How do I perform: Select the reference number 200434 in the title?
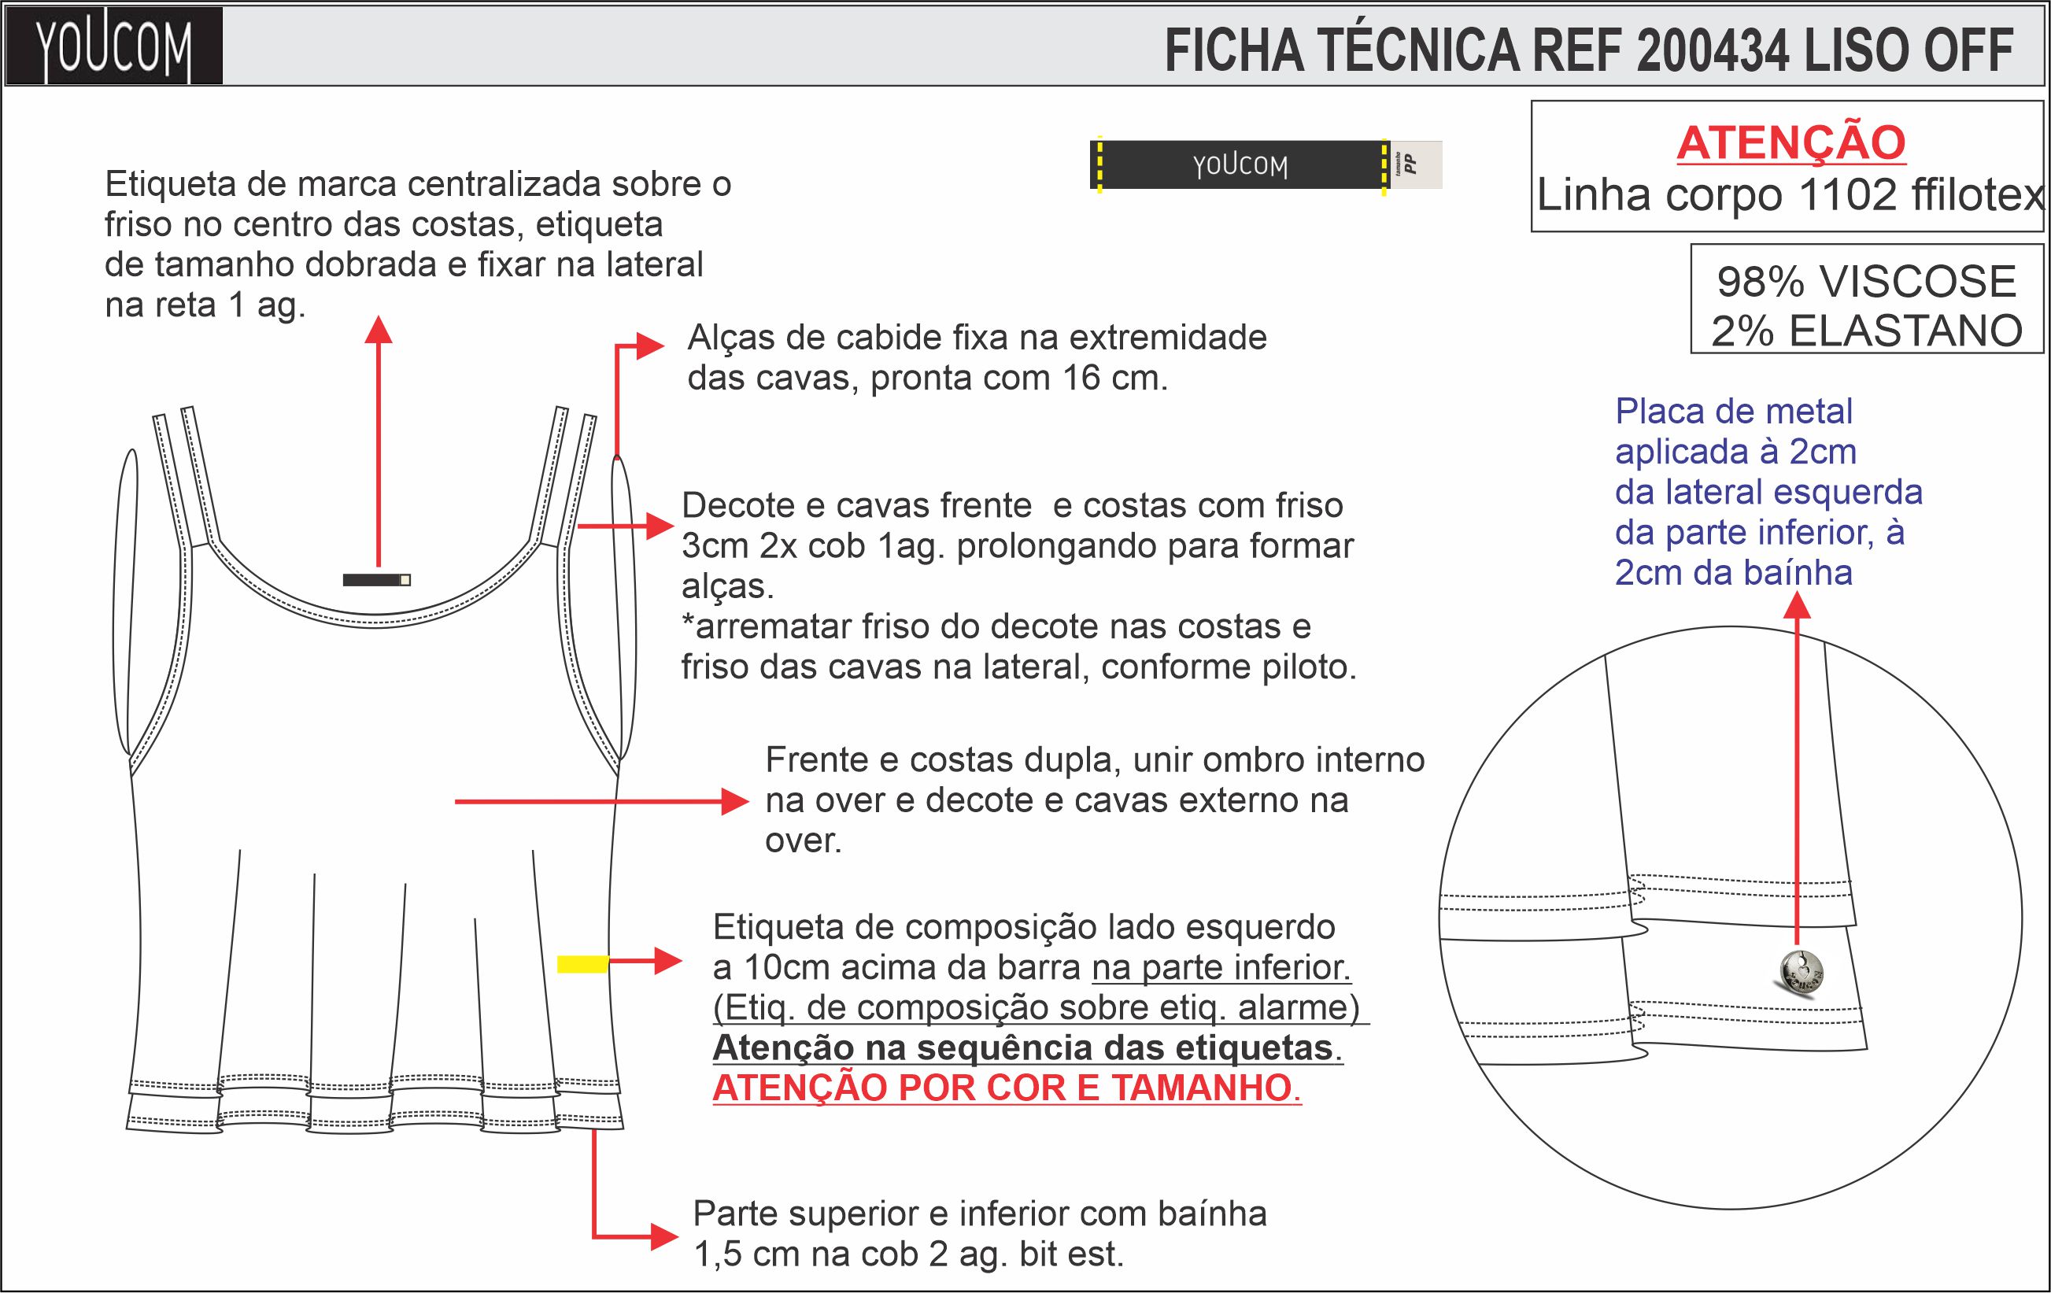[1712, 51]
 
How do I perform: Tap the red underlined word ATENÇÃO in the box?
[1790, 143]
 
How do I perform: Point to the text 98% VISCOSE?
[1866, 282]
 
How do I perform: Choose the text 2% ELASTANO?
[1866, 331]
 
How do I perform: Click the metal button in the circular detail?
[1801, 972]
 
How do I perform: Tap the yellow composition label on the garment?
[582, 963]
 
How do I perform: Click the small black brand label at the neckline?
[375, 580]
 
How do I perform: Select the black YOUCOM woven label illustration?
[1240, 164]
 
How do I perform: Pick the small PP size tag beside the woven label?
[1414, 164]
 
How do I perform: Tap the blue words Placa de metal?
[1733, 412]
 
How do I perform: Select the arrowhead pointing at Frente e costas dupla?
[735, 801]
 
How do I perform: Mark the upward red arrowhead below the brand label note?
[379, 330]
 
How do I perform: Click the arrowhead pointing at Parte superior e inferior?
[663, 1236]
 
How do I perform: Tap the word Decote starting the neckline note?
[737, 506]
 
